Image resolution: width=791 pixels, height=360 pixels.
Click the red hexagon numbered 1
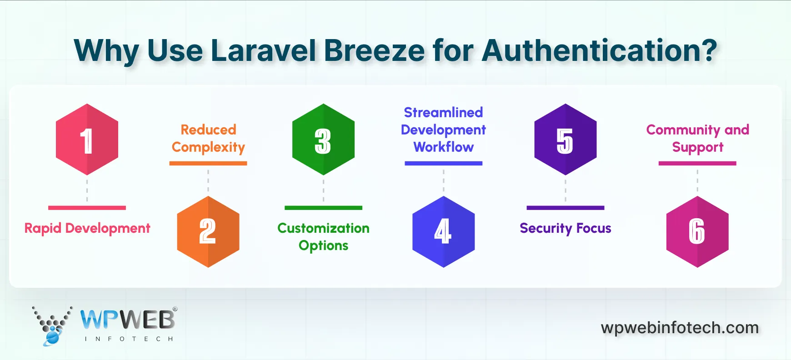[x=87, y=140]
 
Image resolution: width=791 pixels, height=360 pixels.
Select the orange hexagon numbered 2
[x=208, y=232]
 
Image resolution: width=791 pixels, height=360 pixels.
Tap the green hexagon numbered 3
[x=323, y=140]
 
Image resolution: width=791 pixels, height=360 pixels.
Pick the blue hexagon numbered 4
[x=443, y=232]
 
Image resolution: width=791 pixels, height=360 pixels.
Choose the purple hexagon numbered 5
[x=565, y=140]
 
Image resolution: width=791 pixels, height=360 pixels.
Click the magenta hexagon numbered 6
[x=697, y=232]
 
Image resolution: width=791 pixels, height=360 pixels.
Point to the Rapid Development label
[x=87, y=228]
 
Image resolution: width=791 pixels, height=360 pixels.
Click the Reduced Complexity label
[x=208, y=138]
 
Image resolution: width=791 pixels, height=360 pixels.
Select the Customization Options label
[x=323, y=236]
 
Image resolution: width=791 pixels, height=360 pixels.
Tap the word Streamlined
[x=443, y=112]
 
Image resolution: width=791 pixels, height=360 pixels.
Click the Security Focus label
[x=565, y=228]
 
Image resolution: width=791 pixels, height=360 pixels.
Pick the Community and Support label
[x=697, y=138]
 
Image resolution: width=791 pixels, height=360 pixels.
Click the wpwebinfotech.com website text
[x=680, y=328]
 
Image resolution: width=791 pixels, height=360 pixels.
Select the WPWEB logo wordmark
[x=128, y=320]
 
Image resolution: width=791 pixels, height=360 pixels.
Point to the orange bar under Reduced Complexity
[x=208, y=163]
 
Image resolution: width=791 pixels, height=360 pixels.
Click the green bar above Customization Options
[x=323, y=208]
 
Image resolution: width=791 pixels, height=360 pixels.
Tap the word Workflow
[x=443, y=147]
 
